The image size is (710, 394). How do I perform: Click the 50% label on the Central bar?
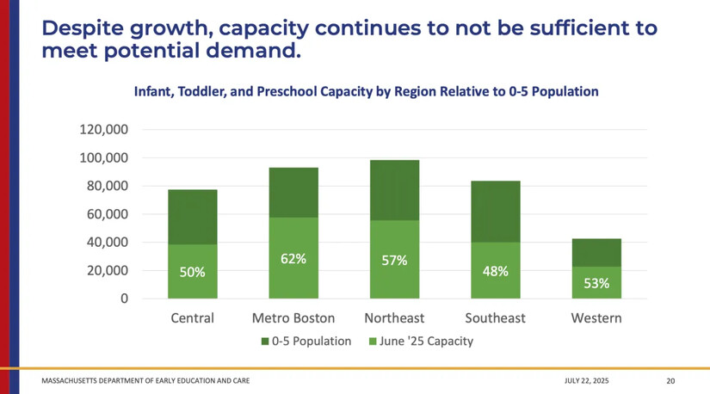192,272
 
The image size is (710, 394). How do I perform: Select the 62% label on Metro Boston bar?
293,258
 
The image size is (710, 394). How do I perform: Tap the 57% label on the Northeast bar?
394,261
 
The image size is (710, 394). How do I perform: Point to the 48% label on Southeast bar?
495,271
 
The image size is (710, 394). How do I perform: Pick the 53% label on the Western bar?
596,283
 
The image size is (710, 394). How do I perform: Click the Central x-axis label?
192,318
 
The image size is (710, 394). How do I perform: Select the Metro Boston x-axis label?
293,318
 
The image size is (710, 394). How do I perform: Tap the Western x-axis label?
596,318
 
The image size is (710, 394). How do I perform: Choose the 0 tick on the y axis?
125,299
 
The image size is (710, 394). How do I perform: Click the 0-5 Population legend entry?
306,342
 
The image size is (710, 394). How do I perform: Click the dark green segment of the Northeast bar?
394,190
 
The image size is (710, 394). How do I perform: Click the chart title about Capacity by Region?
366,90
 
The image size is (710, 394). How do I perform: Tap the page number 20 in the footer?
670,380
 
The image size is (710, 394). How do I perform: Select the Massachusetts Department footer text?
146,380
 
